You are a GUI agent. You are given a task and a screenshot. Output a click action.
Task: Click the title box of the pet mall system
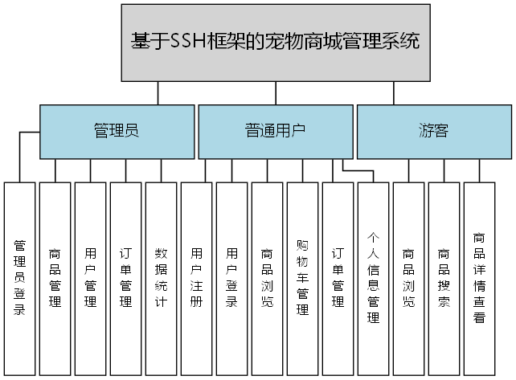(x=276, y=42)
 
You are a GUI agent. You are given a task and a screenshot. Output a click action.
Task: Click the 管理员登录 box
(x=19, y=278)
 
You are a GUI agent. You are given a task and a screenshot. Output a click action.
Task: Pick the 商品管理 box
(x=55, y=278)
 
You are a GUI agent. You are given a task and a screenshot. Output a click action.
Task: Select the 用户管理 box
(x=90, y=278)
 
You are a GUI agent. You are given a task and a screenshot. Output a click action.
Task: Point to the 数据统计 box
(x=161, y=278)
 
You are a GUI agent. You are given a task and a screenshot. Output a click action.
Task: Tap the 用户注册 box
(x=196, y=278)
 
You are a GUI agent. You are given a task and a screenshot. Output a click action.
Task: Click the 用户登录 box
(x=231, y=278)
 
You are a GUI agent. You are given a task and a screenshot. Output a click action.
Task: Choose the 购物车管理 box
(x=302, y=278)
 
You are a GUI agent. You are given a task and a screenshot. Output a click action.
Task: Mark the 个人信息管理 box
(x=373, y=278)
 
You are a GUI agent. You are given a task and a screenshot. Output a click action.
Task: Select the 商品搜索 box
(x=444, y=278)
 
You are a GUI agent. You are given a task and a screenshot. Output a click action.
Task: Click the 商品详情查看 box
(x=479, y=278)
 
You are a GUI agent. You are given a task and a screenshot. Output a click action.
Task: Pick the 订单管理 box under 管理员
(x=125, y=278)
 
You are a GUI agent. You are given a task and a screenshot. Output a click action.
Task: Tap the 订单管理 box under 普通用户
(x=338, y=278)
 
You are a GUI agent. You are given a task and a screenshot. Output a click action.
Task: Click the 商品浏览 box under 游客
(x=408, y=278)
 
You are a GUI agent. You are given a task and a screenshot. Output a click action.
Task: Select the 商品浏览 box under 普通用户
(x=267, y=278)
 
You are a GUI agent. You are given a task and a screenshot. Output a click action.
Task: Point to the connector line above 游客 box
(x=394, y=93)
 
